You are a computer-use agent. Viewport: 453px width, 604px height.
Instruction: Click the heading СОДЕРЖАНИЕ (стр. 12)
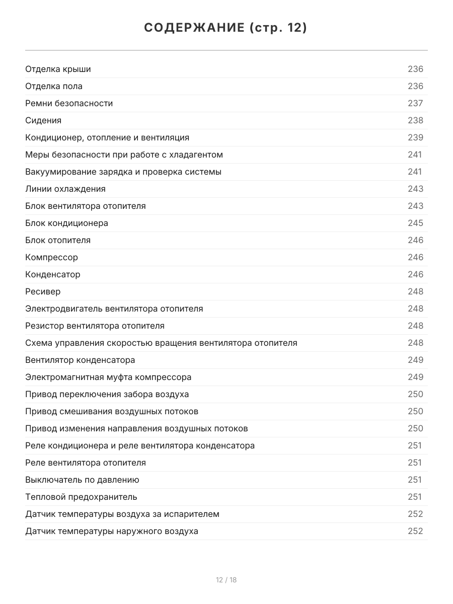click(226, 28)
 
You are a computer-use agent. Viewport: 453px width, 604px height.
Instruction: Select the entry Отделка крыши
click(58, 69)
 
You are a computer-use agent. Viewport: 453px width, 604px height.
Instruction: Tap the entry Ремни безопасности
click(69, 103)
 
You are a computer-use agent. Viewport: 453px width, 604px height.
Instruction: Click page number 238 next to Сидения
click(415, 120)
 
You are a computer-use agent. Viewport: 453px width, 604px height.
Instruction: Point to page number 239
click(415, 137)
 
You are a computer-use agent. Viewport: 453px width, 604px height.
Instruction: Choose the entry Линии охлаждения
click(65, 189)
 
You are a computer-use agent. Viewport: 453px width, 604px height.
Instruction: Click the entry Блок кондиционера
click(66, 223)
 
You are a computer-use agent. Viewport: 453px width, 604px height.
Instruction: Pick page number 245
click(415, 223)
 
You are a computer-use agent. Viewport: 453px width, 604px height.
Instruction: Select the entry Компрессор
click(51, 257)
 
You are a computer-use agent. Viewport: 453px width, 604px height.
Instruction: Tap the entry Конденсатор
click(52, 274)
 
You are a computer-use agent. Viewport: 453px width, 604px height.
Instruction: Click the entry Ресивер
click(43, 291)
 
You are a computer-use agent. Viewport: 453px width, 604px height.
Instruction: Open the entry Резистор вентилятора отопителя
click(95, 326)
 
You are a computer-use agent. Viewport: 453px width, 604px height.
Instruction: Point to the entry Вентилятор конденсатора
click(80, 360)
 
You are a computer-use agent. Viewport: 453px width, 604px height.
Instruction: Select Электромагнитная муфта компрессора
click(108, 377)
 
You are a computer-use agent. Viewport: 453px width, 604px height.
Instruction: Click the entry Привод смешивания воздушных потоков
click(112, 411)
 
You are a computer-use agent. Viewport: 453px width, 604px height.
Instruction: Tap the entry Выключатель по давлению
click(82, 480)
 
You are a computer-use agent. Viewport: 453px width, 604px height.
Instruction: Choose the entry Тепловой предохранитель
click(81, 497)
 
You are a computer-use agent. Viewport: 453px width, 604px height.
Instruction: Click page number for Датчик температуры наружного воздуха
click(415, 531)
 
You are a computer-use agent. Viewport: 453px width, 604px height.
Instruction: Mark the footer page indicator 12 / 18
click(226, 580)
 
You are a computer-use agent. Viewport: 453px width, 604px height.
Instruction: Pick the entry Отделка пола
click(54, 86)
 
